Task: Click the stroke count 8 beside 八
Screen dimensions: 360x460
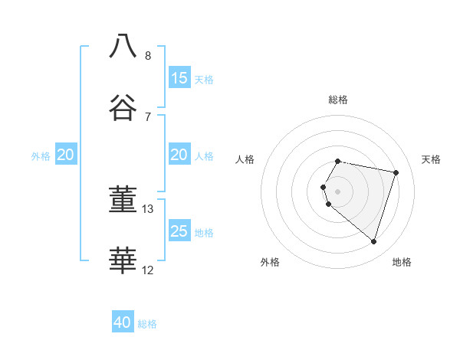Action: point(148,55)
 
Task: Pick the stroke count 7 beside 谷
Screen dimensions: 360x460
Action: point(148,116)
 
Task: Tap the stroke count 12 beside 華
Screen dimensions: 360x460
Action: point(148,270)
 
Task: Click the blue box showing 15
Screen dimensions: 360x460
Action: point(179,77)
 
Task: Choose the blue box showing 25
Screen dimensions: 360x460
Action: point(179,231)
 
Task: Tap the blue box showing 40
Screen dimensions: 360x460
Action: point(123,322)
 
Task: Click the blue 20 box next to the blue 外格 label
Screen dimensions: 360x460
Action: point(66,155)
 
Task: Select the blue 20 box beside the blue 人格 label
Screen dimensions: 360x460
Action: point(179,155)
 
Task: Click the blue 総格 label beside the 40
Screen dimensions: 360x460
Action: point(147,324)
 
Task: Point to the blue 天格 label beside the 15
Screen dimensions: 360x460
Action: point(204,79)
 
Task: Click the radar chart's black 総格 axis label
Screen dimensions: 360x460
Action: point(338,100)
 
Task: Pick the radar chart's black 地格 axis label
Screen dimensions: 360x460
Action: point(402,262)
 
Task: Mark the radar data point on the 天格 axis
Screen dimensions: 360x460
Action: point(396,172)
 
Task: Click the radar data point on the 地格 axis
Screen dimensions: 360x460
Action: point(373,241)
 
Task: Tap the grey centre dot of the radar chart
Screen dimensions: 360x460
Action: point(338,191)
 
